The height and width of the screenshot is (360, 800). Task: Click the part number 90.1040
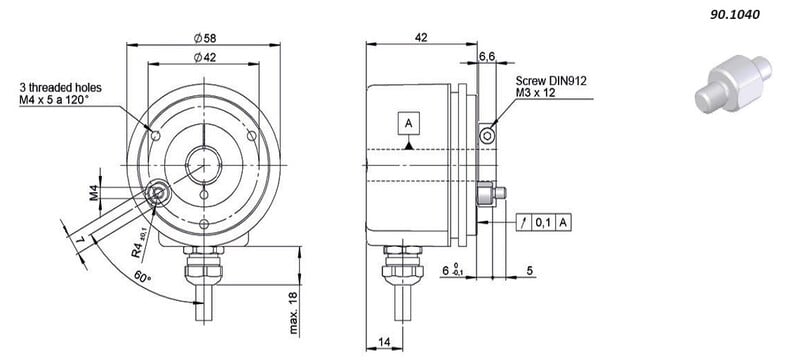[x=735, y=15]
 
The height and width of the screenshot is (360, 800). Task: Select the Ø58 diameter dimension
[x=204, y=38]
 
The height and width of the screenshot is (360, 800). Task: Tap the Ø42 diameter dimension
[x=205, y=58]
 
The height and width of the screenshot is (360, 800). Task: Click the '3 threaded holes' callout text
[x=61, y=87]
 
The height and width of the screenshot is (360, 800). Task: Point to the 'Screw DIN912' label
[x=552, y=81]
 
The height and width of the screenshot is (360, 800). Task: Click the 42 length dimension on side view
[x=421, y=37]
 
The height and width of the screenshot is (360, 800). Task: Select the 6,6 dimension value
[x=487, y=57]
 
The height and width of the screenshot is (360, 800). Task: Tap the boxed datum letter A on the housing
[x=408, y=123]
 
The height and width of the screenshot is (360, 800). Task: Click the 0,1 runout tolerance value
[x=544, y=222]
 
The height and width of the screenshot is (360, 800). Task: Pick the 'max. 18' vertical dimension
[x=294, y=312]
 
